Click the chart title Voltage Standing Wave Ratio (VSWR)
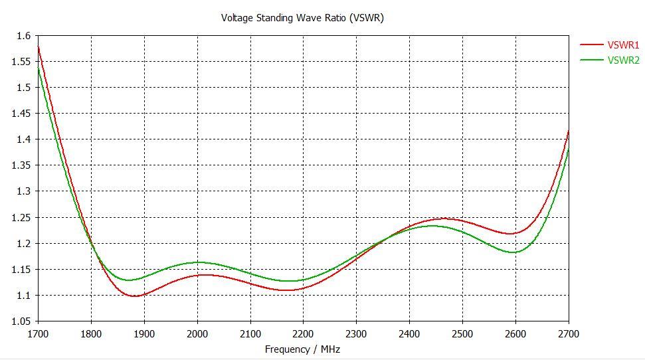[302, 18]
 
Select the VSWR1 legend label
[623, 45]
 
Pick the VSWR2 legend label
[623, 60]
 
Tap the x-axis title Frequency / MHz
[302, 349]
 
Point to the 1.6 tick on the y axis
[23, 36]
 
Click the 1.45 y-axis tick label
[21, 114]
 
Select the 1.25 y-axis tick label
[21, 217]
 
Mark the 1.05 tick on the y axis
[21, 321]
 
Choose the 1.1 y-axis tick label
[23, 296]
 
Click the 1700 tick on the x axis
[38, 333]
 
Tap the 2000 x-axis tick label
[197, 333]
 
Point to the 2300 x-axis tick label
[356, 333]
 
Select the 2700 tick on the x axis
[569, 333]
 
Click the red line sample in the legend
[591, 45]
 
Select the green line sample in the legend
[591, 60]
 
